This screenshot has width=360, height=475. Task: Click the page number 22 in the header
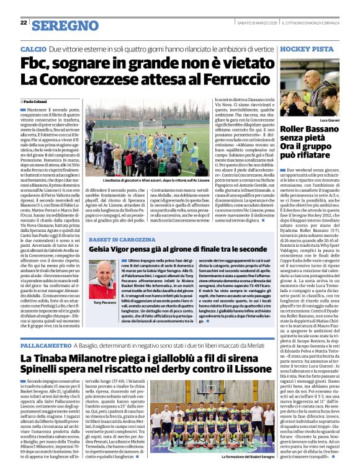24,23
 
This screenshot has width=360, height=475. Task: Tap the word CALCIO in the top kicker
33,48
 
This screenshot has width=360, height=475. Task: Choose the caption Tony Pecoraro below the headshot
105,302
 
